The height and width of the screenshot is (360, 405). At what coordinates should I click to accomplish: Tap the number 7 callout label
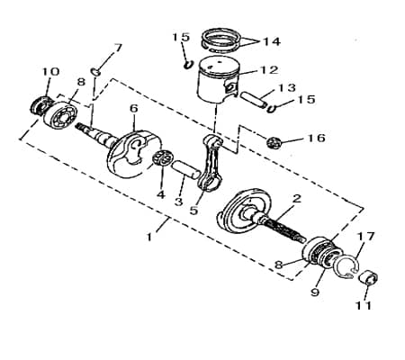pos(117,47)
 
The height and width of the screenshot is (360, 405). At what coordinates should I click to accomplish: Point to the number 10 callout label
pos(50,71)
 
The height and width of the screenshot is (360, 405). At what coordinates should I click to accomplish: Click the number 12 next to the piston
pos(269,69)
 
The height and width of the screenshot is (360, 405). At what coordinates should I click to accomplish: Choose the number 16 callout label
pos(315,139)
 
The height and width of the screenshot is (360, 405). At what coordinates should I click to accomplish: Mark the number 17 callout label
pos(364,237)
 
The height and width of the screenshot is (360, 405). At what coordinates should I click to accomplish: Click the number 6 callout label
pos(133,109)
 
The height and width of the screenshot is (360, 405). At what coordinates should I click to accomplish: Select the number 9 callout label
pos(314,292)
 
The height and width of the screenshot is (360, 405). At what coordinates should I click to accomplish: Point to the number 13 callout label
pos(286,87)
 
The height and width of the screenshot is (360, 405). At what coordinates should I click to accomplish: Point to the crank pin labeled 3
pos(184,168)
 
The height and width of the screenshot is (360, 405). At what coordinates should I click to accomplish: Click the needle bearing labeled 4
pos(162,160)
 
